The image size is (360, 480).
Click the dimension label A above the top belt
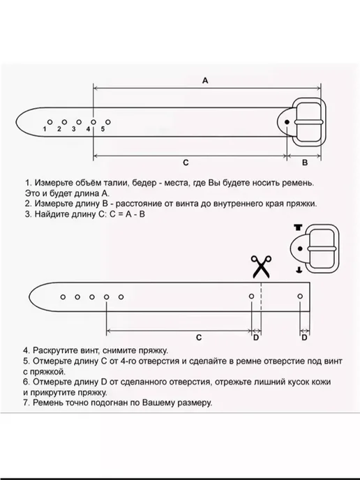click(205, 80)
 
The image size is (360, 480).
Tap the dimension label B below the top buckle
click(305, 163)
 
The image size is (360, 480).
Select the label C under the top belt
click(186, 163)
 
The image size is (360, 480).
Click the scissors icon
click(261, 267)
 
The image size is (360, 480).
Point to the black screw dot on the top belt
click(287, 122)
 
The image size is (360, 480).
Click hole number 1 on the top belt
click(50, 122)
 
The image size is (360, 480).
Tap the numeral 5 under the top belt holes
click(103, 129)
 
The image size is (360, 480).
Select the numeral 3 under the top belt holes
click(74, 129)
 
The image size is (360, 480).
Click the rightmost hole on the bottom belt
click(300, 297)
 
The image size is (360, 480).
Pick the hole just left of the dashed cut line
click(251, 297)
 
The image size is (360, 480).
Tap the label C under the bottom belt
click(199, 338)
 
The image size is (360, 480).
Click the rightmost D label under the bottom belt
click(304, 338)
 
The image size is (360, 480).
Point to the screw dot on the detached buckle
click(300, 248)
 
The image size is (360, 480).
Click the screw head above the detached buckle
click(298, 227)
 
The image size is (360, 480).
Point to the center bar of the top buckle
click(308, 122)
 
